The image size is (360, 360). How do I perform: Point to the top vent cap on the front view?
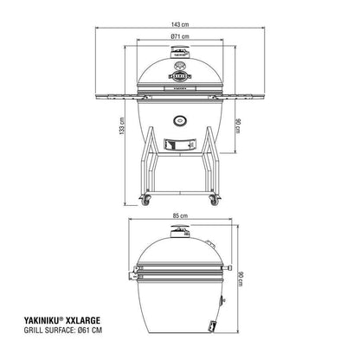click(179, 55)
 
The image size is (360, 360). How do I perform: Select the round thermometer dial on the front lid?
click(179, 66)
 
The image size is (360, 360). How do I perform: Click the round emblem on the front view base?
click(179, 119)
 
